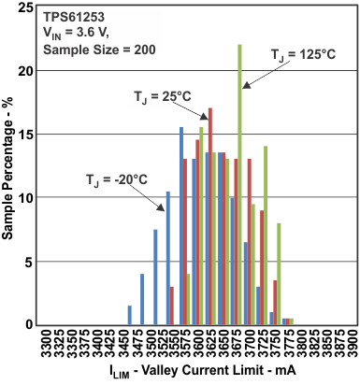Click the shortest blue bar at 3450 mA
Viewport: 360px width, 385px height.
[130, 315]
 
